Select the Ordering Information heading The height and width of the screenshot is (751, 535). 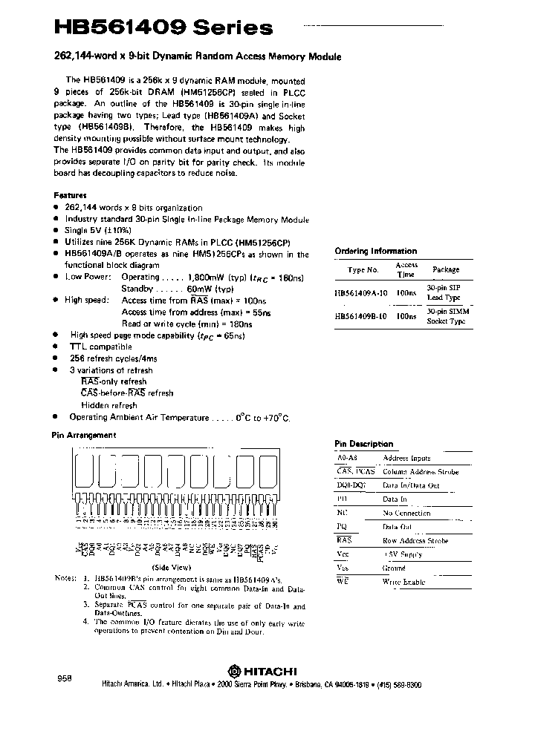[x=375, y=251]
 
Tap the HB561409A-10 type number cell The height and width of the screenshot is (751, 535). [x=361, y=293]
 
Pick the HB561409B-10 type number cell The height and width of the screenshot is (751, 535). [x=361, y=315]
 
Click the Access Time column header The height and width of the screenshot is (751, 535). [x=406, y=269]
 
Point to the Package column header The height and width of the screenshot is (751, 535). [x=446, y=269]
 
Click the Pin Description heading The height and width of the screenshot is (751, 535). [x=363, y=444]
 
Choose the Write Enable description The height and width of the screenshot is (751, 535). [x=403, y=582]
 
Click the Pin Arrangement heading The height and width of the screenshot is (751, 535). [x=83, y=435]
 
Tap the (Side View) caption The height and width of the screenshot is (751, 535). [x=174, y=565]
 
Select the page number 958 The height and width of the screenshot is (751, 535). [x=65, y=679]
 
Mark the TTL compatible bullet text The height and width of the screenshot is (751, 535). [x=100, y=347]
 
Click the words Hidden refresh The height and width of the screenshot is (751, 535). [x=109, y=405]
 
